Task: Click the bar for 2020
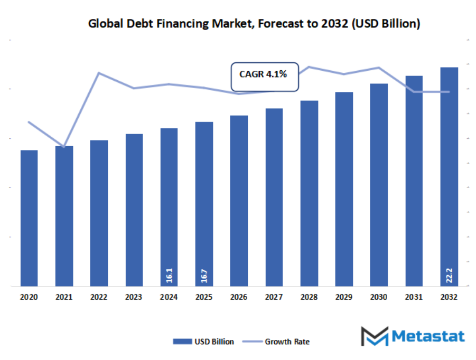coord(29,219)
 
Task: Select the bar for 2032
coord(449,177)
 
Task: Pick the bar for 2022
coord(99,213)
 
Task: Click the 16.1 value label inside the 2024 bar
coord(169,276)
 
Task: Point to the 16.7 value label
coord(204,276)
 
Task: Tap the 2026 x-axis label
coord(239,298)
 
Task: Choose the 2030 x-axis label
coord(379,298)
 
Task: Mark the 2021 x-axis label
coord(64,298)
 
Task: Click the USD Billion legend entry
coord(204,342)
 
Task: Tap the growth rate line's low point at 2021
coord(64,146)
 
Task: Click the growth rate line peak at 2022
coord(99,73)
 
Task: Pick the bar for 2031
coord(414,181)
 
